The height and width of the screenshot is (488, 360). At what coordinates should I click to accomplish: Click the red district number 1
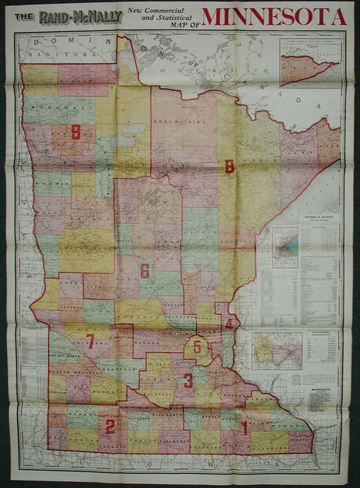click(x=244, y=427)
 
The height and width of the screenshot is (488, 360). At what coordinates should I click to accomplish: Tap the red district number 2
click(x=110, y=427)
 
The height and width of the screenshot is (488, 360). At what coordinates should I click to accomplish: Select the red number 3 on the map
click(x=188, y=381)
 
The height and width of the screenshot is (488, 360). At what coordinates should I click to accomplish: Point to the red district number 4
click(x=229, y=324)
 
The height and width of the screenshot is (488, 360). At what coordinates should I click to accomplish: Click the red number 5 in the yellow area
click(x=197, y=347)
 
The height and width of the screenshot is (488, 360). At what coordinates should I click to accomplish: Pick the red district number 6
click(x=145, y=271)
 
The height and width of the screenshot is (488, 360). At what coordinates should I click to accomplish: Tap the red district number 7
click(x=90, y=342)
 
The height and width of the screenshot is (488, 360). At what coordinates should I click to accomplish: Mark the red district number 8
click(x=229, y=167)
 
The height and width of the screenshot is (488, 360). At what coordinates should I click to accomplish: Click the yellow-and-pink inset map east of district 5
click(x=277, y=351)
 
